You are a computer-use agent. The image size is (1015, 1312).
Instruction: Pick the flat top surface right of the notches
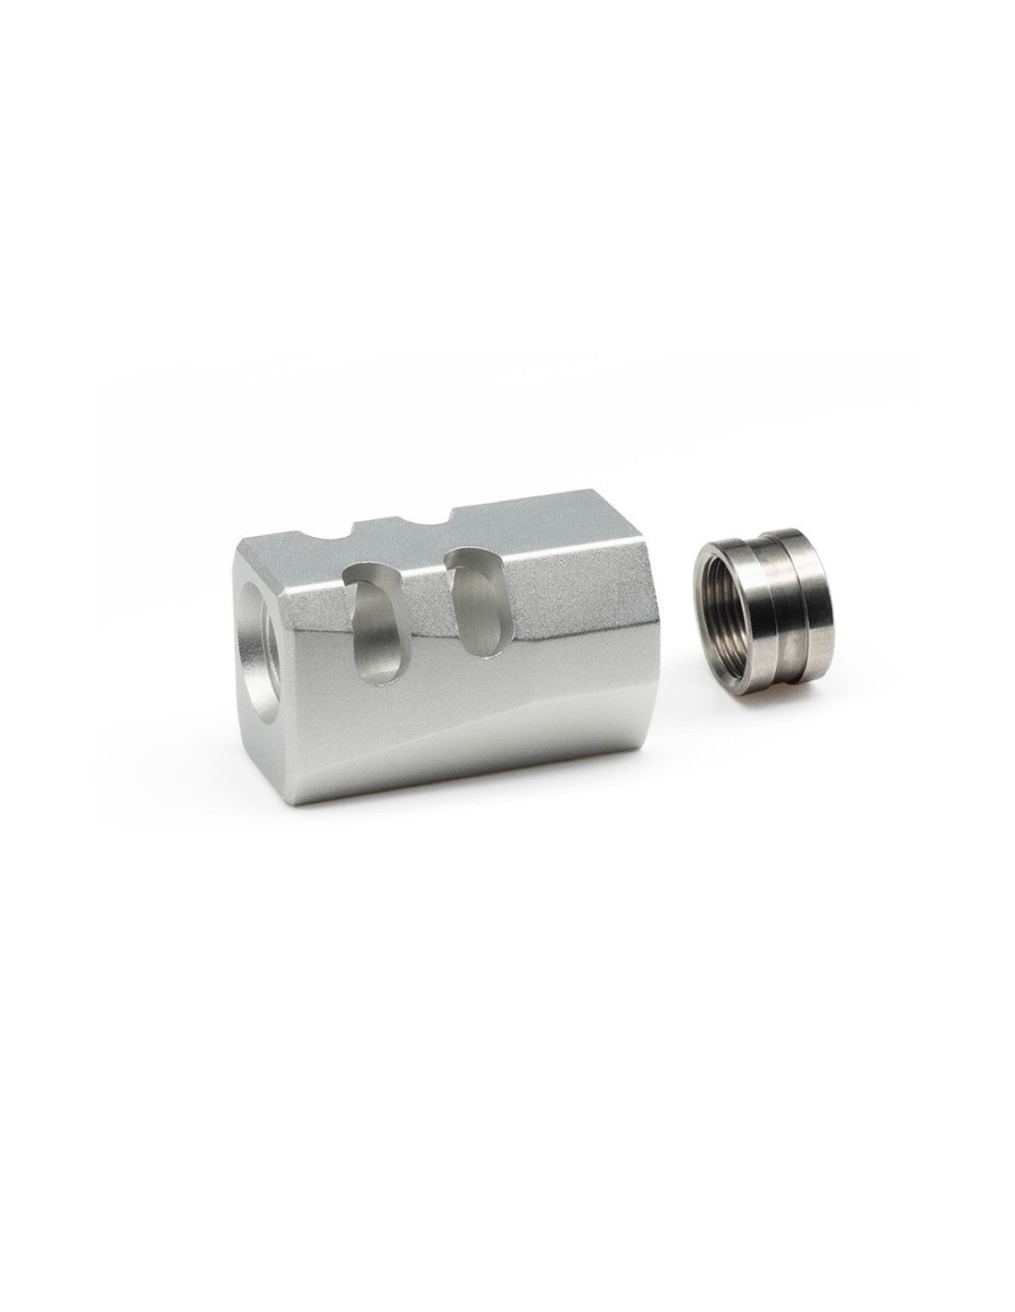click(544, 526)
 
